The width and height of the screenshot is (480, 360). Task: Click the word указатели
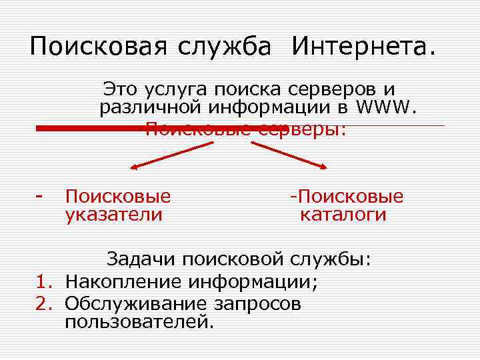pos(113,215)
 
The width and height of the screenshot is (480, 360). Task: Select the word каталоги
pos(343,215)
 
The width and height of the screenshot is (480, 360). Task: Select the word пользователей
pos(139,323)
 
